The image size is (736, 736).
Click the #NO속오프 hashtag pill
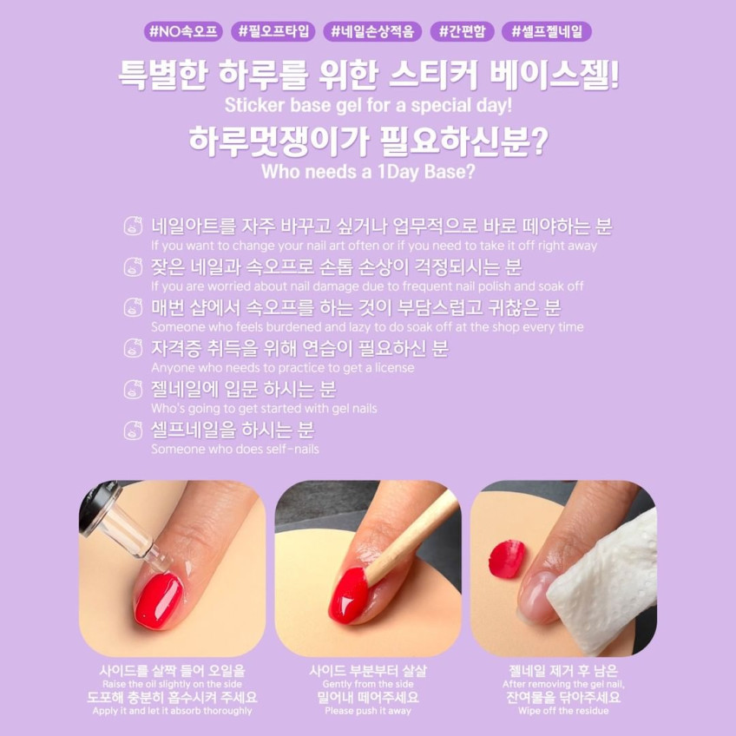pos(183,31)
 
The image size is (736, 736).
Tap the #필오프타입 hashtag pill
pos(273,31)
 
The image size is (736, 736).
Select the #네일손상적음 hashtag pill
pos(372,31)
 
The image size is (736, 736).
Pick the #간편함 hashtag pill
pos(462,31)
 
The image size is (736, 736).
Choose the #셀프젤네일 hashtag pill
pos(547,31)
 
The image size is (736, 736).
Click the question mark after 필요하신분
pos(539,141)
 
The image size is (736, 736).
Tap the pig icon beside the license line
pos(133,348)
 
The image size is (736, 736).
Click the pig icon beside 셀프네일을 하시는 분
pos(133,430)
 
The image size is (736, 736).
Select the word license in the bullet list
pos(394,367)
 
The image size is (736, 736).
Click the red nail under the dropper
pos(159,601)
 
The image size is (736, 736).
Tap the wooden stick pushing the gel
pos(411,536)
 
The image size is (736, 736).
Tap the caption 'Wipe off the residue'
pos(563,711)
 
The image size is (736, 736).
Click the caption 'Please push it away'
pos(368,711)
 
